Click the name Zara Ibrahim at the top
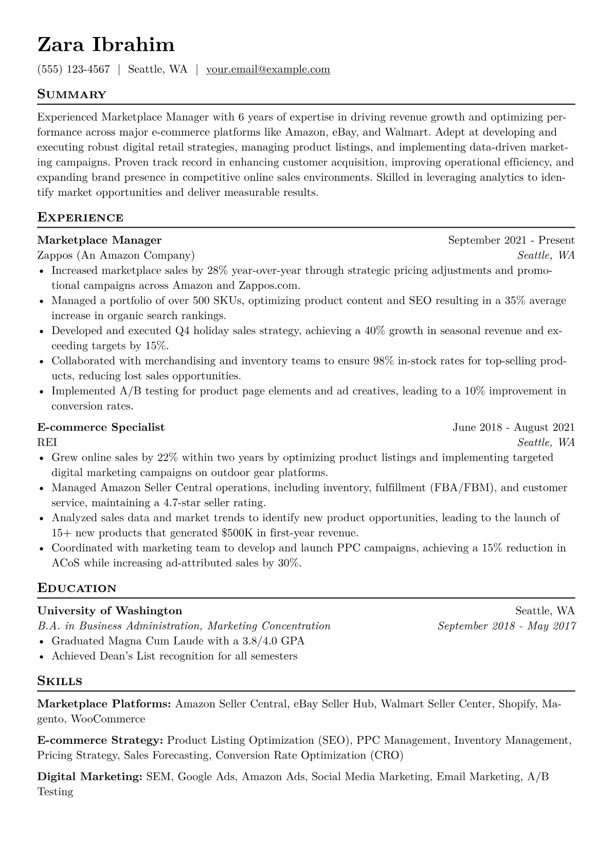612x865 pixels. (x=106, y=45)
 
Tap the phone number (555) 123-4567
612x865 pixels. (x=74, y=69)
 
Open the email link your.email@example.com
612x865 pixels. (x=268, y=69)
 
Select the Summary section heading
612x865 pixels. (x=72, y=95)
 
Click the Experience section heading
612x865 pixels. (x=80, y=217)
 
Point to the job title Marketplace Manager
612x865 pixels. (x=99, y=240)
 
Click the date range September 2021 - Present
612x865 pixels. (x=511, y=240)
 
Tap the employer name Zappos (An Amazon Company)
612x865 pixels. (x=116, y=255)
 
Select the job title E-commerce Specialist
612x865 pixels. (x=101, y=427)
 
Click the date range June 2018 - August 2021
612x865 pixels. (x=513, y=427)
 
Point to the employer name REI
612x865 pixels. (x=47, y=443)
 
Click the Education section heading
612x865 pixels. (x=77, y=588)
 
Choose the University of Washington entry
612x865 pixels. (x=110, y=611)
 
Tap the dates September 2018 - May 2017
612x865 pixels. (x=507, y=626)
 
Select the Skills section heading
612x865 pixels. (x=60, y=682)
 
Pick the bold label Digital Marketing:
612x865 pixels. (x=89, y=777)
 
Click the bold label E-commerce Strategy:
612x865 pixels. (x=100, y=741)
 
